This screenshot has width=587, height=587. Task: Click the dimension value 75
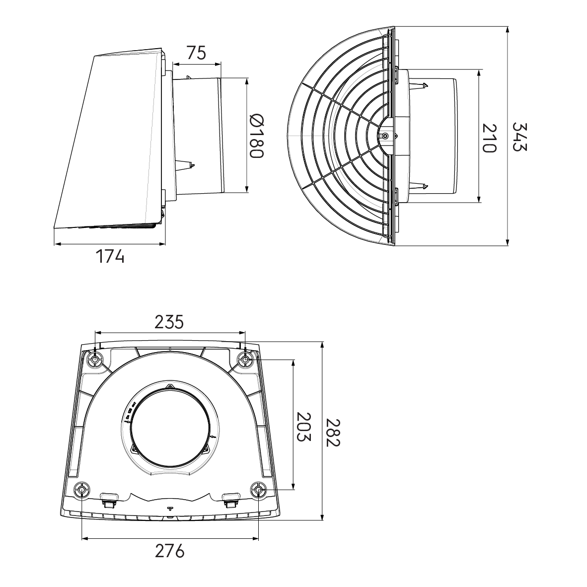click(196, 53)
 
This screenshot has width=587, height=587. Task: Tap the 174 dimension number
click(110, 256)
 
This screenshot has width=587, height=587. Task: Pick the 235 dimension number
click(169, 322)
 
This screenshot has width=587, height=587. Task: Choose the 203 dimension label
click(303, 427)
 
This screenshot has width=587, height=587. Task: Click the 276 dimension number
click(170, 551)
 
